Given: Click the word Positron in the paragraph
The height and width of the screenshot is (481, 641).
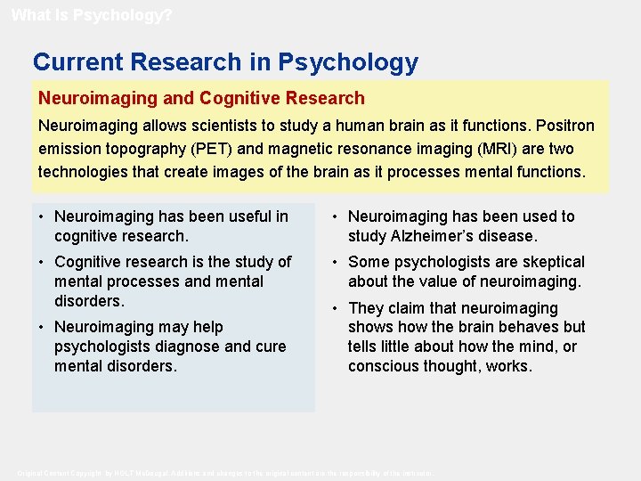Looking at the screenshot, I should click(x=563, y=126).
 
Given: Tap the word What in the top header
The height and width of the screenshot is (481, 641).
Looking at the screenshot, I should click(x=28, y=15).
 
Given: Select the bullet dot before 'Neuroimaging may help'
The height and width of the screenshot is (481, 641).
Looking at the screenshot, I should click(x=43, y=327).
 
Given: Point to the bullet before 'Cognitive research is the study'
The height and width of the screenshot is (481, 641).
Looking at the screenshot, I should click(x=43, y=262).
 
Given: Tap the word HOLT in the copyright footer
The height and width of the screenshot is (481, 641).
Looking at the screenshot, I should click(x=120, y=473).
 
